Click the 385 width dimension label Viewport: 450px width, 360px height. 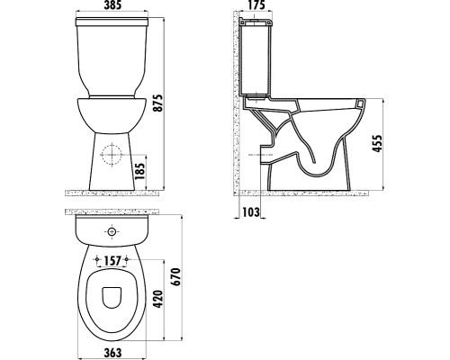point(112,5)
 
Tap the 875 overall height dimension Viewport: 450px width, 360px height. point(158,103)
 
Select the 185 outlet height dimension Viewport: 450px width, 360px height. point(139,171)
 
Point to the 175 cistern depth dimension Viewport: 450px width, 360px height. point(256,5)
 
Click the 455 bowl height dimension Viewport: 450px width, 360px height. point(377,143)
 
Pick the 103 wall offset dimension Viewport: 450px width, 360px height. point(251,212)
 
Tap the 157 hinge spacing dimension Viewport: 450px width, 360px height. point(112,261)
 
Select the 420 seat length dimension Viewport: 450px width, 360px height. point(158,299)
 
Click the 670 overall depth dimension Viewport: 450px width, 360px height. point(175,276)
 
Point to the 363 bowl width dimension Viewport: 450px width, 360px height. point(112,353)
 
